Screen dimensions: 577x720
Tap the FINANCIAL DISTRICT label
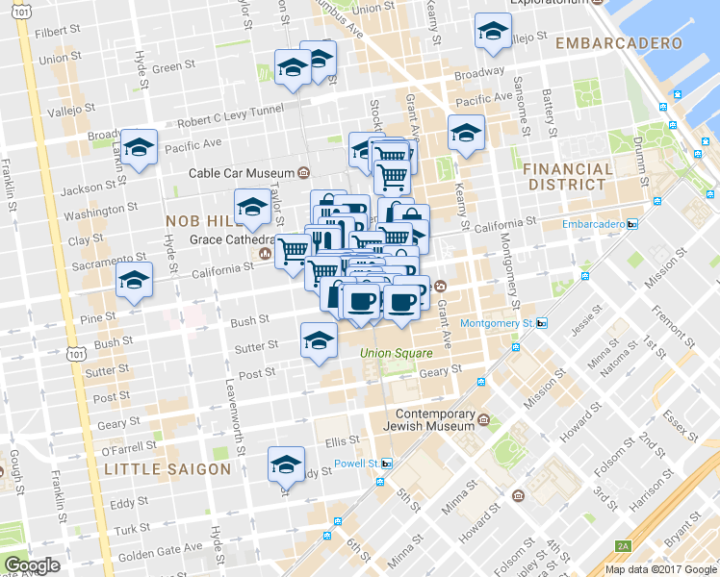pos(567,176)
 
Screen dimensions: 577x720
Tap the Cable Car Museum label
pos(242,173)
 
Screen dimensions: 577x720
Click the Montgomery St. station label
pos(496,324)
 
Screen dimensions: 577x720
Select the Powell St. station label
pos(355,464)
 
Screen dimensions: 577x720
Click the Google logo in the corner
pos(32,564)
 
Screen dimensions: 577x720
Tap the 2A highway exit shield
pos(624,546)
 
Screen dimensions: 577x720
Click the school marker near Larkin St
pos(140,148)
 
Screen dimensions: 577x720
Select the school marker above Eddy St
pos(286,465)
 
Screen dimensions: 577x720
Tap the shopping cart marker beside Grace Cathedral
pos(293,252)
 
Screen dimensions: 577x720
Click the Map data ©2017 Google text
pos(661,568)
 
